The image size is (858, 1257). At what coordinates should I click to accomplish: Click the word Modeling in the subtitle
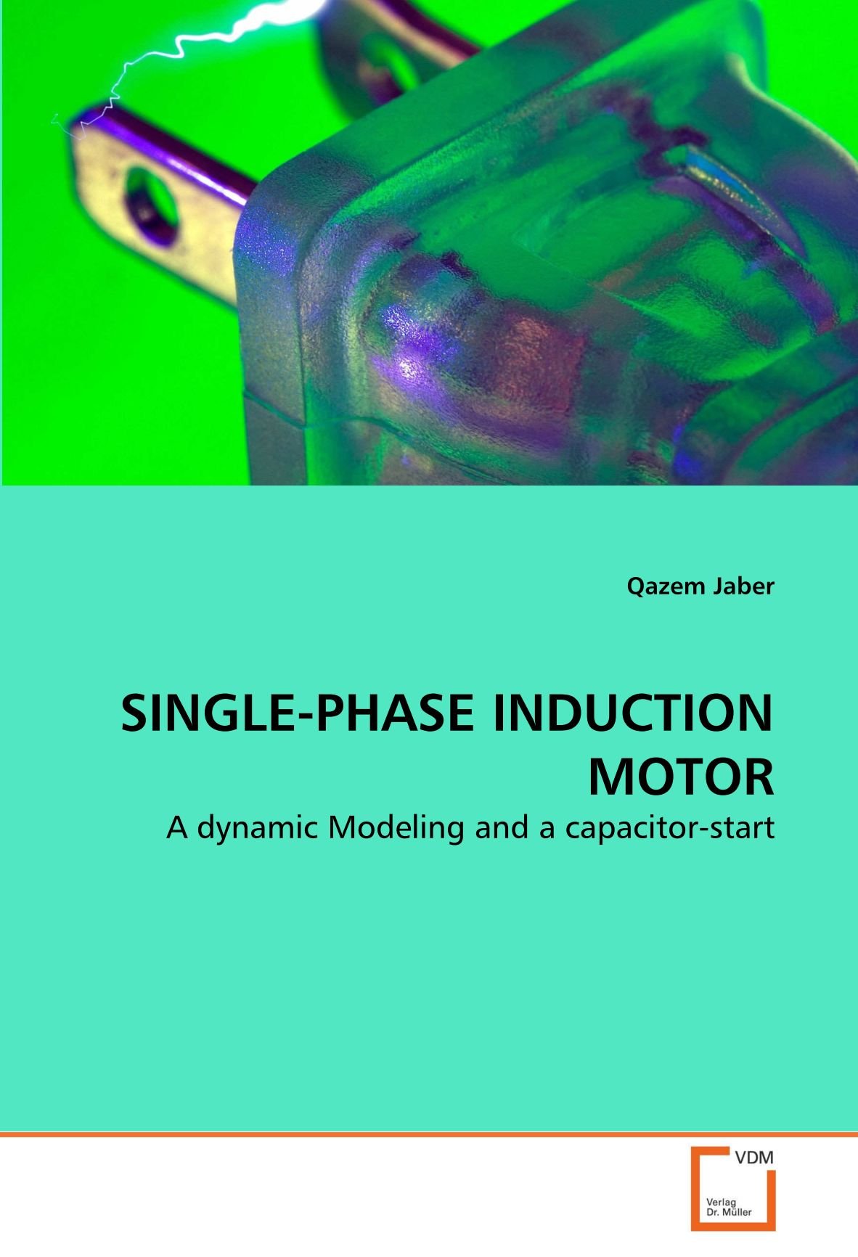[x=396, y=827]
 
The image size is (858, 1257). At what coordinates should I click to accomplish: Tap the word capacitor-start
[x=669, y=827]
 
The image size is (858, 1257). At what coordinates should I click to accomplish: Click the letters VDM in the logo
[x=754, y=1159]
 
